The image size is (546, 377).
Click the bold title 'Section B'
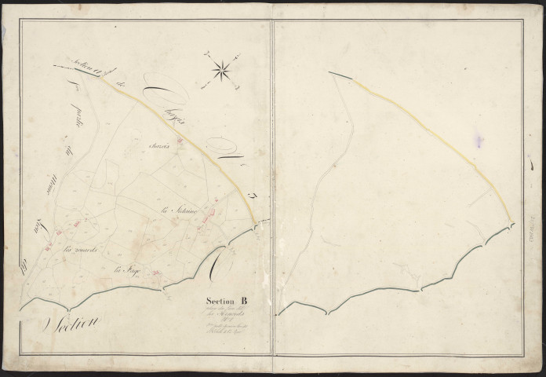(x=227, y=299)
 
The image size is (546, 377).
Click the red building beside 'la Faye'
(x=156, y=273)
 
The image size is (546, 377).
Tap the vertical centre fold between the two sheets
(x=272, y=188)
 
